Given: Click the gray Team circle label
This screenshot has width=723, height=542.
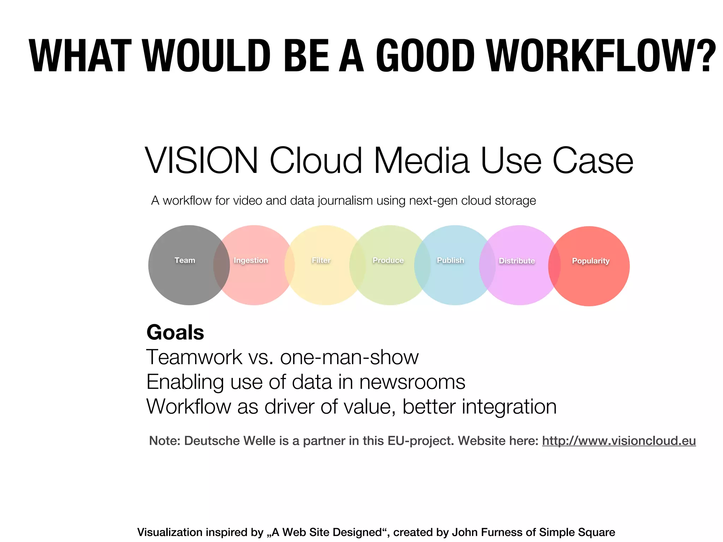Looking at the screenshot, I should (x=185, y=260).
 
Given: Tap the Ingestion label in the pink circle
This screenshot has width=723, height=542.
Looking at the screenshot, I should (x=251, y=260).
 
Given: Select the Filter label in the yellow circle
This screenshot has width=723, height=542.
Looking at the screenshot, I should (x=321, y=260).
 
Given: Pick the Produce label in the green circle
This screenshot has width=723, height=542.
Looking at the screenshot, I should (x=388, y=260).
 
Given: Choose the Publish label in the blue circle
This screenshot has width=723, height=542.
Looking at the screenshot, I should (x=450, y=260).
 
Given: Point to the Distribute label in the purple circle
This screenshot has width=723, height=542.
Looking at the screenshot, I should (x=517, y=261).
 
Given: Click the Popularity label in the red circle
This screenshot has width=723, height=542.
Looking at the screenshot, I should (x=591, y=261).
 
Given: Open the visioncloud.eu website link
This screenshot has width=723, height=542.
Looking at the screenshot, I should (x=619, y=441).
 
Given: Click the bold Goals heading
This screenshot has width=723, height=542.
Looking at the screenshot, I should (x=175, y=332).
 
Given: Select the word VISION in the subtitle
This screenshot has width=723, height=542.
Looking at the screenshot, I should (x=202, y=161).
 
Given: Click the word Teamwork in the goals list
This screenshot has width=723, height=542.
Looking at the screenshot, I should (x=194, y=357).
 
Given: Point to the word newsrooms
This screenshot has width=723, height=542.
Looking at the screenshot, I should (x=412, y=382).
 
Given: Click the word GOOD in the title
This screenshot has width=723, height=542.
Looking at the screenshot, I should (x=425, y=56).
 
